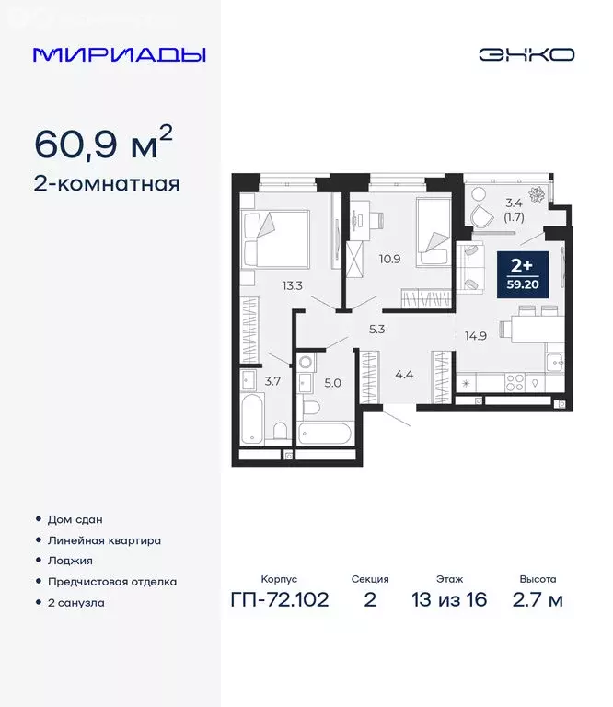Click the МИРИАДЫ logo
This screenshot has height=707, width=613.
click(x=120, y=54)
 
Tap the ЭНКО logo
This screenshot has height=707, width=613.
click(x=526, y=54)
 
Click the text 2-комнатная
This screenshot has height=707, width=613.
click(x=107, y=183)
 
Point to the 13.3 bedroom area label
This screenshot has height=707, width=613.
click(x=293, y=285)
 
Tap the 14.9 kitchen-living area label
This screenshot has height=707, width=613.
click(x=475, y=335)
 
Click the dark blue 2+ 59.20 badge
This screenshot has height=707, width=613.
click(x=523, y=273)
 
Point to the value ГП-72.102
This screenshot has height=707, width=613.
click(x=279, y=599)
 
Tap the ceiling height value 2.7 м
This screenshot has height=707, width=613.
click(x=537, y=599)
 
